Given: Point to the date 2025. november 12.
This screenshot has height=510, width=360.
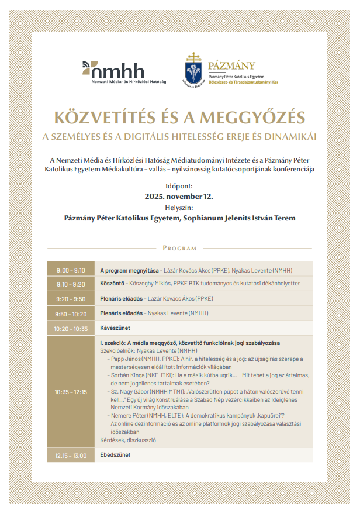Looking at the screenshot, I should point(179,197).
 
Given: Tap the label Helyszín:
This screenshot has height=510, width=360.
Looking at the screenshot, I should point(179,207).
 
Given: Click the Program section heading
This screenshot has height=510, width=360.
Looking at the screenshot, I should point(179,249).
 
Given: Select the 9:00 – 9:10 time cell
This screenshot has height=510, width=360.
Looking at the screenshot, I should point(71,271).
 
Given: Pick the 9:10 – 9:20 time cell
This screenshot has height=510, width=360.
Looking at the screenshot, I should point(71,284).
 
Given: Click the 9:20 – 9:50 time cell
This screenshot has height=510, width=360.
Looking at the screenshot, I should point(71,298).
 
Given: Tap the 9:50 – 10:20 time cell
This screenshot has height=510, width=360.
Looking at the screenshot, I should point(71,313).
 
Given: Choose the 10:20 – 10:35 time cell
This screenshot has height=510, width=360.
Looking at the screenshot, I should point(71,329).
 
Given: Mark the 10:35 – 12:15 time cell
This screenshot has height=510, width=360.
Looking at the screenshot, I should point(71,392).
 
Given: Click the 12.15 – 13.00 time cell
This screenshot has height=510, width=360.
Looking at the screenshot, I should point(71,455).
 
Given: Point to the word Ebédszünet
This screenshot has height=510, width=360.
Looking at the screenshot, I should point(116,455).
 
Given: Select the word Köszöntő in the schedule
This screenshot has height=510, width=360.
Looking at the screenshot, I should point(112,284).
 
